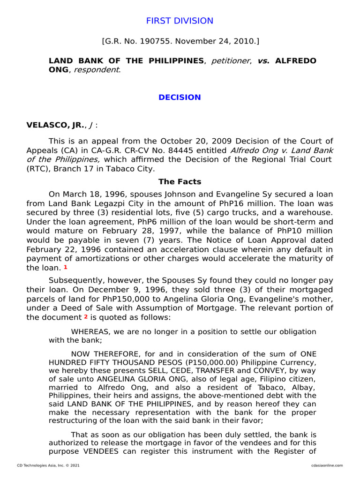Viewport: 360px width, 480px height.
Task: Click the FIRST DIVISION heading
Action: click(x=180, y=21)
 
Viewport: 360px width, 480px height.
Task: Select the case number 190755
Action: click(x=150, y=42)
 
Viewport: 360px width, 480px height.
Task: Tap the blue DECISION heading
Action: click(x=180, y=97)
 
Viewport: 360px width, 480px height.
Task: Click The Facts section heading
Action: click(x=180, y=182)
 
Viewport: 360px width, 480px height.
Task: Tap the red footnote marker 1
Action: click(x=66, y=267)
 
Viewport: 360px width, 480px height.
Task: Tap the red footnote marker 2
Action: click(x=86, y=316)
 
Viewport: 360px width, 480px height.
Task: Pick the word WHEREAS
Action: click(x=91, y=332)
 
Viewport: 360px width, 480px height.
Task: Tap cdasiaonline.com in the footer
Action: click(x=327, y=465)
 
